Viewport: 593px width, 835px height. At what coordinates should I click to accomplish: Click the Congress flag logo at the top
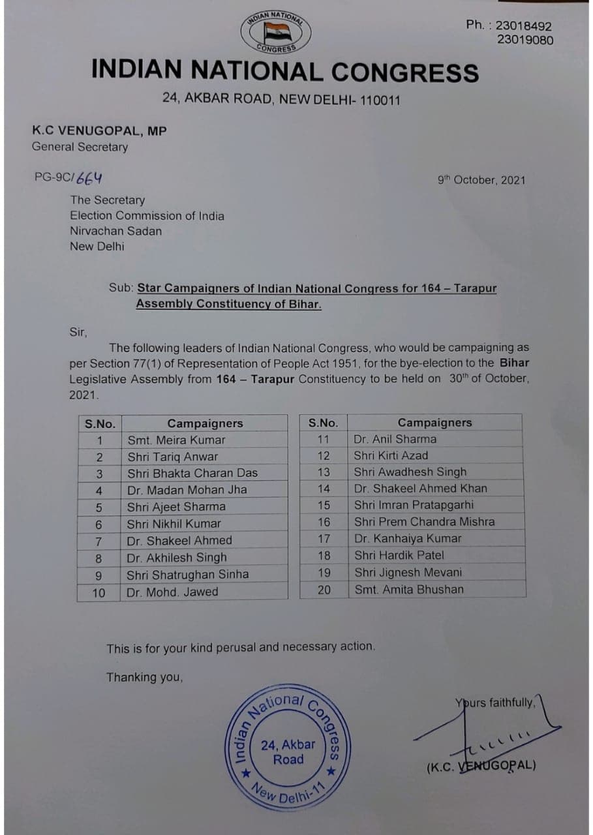277,31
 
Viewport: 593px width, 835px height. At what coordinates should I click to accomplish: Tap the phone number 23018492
523,26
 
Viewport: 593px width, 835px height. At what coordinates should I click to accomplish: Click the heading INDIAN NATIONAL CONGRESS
285,70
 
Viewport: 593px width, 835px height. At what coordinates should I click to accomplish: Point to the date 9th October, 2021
481,180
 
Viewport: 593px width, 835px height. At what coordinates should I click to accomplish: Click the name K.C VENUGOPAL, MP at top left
99,130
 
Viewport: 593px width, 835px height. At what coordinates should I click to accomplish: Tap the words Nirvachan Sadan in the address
115,231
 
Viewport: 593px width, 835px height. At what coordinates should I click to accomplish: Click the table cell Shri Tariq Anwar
173,457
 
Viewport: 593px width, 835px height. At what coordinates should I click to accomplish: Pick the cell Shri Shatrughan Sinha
187,575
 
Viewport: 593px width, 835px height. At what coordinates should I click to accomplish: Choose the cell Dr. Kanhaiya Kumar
407,538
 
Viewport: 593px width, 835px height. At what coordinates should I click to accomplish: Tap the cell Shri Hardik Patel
399,555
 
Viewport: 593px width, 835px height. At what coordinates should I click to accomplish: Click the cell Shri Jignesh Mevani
408,572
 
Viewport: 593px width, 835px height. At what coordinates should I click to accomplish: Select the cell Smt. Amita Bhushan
408,589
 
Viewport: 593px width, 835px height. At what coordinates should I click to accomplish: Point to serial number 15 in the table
324,505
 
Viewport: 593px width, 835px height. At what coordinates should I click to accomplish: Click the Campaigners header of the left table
204,423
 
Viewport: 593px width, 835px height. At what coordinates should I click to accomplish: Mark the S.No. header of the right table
323,423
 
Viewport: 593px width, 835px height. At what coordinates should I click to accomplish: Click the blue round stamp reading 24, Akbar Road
288,751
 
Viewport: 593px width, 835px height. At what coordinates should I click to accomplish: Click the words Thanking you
144,678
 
